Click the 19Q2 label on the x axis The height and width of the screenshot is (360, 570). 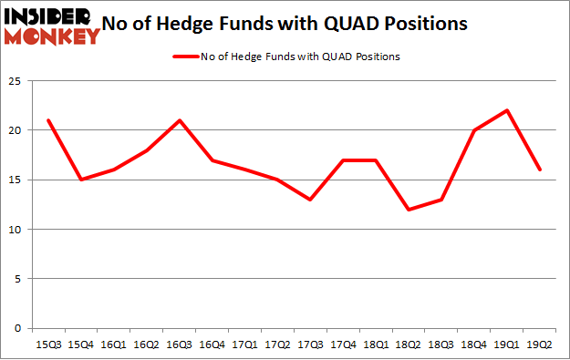click(x=540, y=345)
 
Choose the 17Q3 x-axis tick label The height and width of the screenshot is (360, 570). click(x=310, y=345)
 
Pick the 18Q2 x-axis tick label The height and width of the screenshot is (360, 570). click(x=409, y=345)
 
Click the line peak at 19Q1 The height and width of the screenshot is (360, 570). click(x=507, y=110)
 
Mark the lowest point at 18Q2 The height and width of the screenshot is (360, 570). click(x=409, y=210)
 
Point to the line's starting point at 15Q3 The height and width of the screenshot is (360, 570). click(x=47, y=120)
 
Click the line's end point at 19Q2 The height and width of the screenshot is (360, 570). click(x=540, y=170)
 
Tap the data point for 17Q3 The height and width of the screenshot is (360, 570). click(x=310, y=200)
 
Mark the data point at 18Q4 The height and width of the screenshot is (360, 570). click(x=474, y=130)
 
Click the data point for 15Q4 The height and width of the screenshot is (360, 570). click(x=80, y=180)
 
